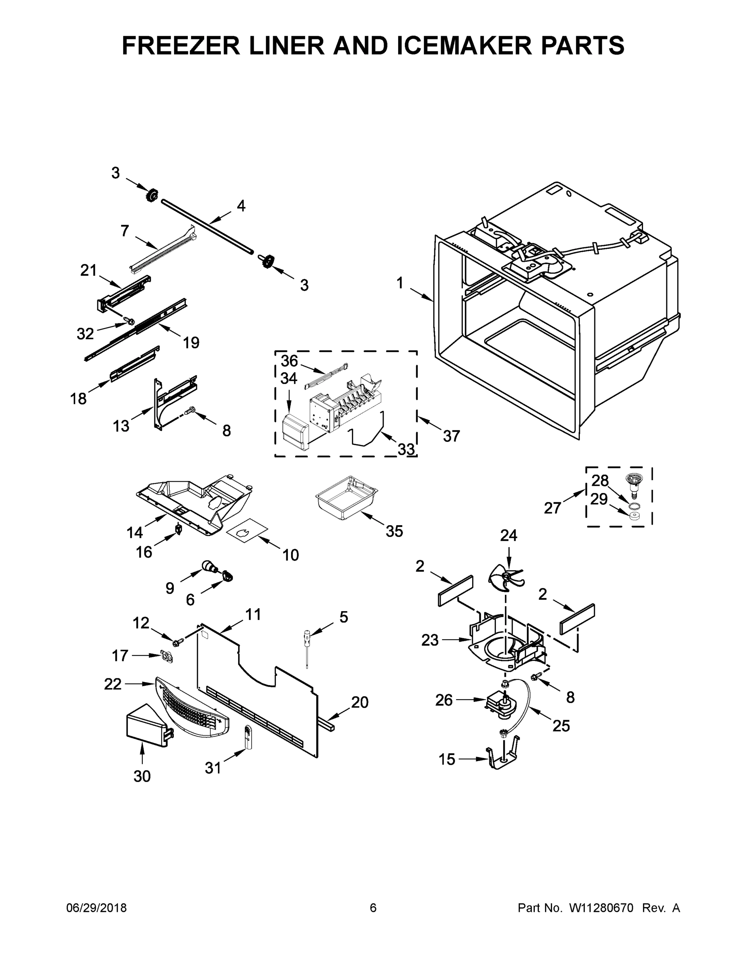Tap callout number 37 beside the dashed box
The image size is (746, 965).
tap(451, 436)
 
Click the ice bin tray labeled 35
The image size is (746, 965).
tap(347, 497)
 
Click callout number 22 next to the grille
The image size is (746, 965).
tap(112, 684)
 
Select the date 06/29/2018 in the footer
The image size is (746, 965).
tap(97, 908)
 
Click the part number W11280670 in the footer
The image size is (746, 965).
tap(601, 908)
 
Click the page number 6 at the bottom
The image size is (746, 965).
tap(373, 908)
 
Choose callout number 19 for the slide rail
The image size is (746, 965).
tap(191, 342)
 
